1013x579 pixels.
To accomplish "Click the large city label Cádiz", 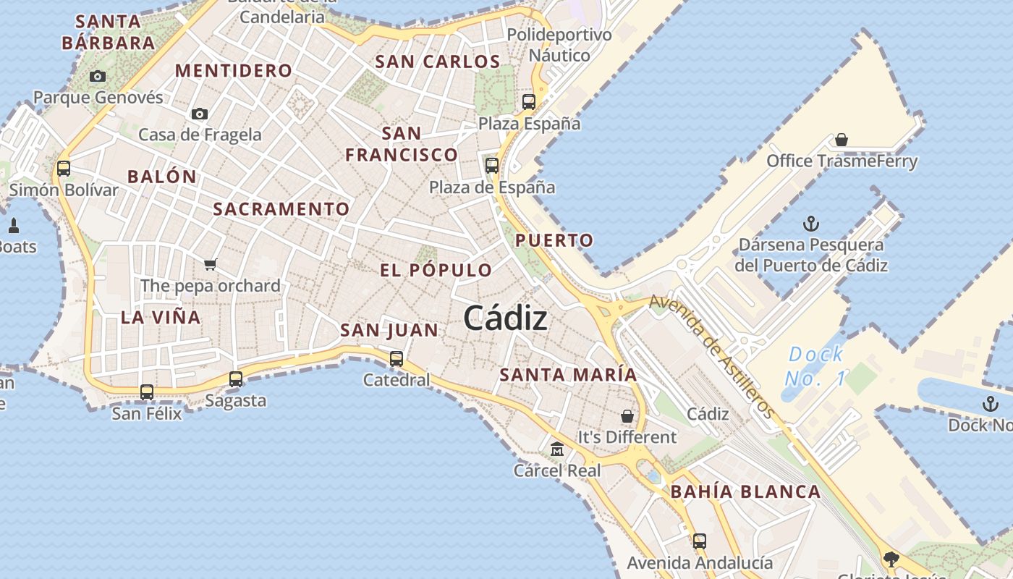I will tap(505, 318).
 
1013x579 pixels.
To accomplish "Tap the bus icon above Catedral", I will tap(397, 358).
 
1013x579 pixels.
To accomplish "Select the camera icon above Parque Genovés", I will tap(98, 76).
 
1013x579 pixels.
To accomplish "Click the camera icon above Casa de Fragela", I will tap(200, 114).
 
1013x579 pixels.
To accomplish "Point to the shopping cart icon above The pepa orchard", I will tap(211, 264).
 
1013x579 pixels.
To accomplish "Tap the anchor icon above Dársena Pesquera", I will tap(811, 224).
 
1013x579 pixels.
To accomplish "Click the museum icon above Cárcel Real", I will tap(557, 449).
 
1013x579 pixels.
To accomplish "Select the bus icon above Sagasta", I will tap(236, 379).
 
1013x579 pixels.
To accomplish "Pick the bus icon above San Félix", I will tap(147, 392).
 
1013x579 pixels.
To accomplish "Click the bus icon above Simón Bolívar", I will tap(64, 169).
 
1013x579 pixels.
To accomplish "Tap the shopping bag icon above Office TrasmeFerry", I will tap(842, 139).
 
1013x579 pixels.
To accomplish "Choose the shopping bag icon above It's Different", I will tap(627, 416).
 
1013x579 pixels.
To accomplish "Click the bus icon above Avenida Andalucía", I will tap(699, 541).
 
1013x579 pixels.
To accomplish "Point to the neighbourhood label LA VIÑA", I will tap(161, 317).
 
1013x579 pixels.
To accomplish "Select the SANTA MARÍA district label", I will tap(568, 375).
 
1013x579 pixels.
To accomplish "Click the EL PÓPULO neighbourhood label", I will tap(436, 271).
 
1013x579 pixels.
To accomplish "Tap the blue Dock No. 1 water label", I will tap(815, 366).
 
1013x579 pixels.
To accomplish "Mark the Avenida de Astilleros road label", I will tap(713, 355).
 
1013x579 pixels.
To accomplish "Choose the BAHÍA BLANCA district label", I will tap(745, 492).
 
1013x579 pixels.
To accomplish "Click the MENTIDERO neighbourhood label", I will tap(234, 71).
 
